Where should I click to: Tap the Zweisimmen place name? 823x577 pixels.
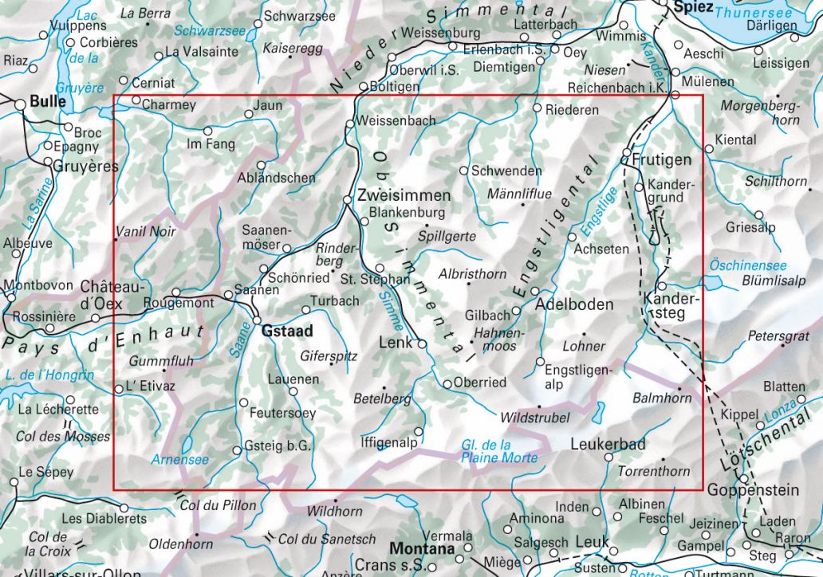404,195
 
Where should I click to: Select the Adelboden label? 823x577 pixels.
575,304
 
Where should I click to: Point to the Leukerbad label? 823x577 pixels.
608,444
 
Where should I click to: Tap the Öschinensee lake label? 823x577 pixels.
748,265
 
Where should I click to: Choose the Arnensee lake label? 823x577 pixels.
179,460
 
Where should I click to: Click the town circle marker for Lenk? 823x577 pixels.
422,343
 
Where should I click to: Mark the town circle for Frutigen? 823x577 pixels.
627,152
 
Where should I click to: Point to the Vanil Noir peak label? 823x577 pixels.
145,233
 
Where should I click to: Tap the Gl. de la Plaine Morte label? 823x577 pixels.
499,451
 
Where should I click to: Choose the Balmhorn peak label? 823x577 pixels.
661,396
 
